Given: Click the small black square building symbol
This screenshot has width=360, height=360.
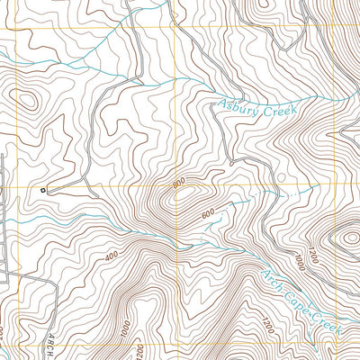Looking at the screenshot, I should (41, 190).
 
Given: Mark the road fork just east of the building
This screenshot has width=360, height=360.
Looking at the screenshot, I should (88, 185).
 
